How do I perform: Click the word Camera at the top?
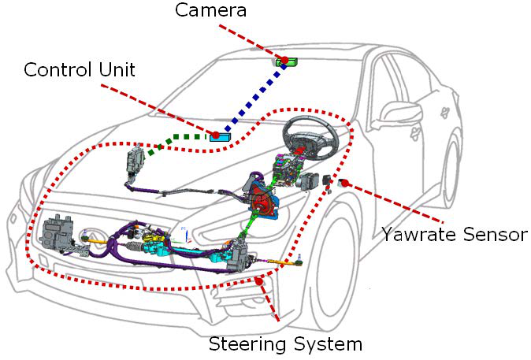(211, 10)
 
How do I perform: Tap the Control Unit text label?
(79, 69)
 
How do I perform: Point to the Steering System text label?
(285, 344)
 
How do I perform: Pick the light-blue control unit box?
(221, 137)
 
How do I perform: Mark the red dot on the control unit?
(215, 135)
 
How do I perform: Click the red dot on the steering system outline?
(258, 280)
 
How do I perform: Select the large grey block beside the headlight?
(58, 232)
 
